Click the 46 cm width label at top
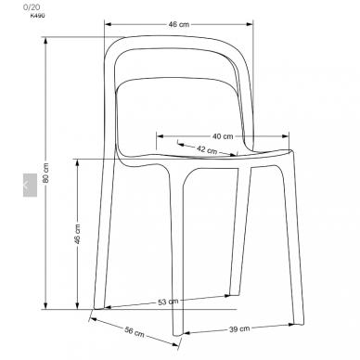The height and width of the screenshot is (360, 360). (x=179, y=24)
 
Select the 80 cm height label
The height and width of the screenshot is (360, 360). (x=45, y=173)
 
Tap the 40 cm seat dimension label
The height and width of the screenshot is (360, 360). (x=223, y=136)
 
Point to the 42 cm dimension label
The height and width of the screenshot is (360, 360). (x=207, y=149)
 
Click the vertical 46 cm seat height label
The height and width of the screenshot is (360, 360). (x=77, y=234)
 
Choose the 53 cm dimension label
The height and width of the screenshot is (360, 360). (x=168, y=302)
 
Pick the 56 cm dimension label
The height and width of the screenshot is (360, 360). (x=135, y=331)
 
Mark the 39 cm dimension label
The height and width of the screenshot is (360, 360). (x=239, y=328)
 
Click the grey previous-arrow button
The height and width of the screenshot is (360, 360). (x=30, y=185)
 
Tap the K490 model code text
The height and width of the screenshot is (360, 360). (x=37, y=16)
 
